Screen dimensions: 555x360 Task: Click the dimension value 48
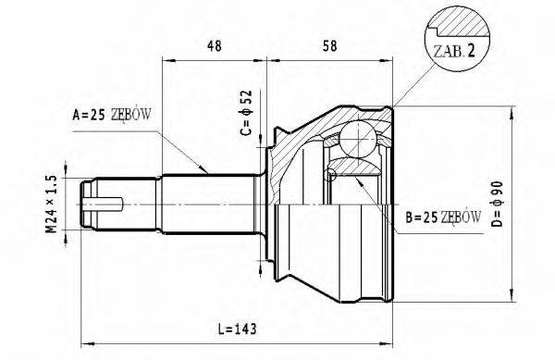pos(215,46)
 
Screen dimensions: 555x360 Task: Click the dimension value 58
pos(329,46)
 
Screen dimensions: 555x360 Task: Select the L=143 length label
pos(237,329)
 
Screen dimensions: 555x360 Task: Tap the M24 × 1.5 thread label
pos(52,205)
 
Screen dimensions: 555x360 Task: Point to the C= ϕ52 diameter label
pos(246,113)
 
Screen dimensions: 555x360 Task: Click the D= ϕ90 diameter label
pos(498,204)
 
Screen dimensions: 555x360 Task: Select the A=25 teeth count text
pos(89,115)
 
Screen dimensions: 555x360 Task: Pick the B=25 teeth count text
pos(422,217)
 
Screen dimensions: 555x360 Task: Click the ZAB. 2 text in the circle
pos(454,52)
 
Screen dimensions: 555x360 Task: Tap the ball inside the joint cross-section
pos(357,139)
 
